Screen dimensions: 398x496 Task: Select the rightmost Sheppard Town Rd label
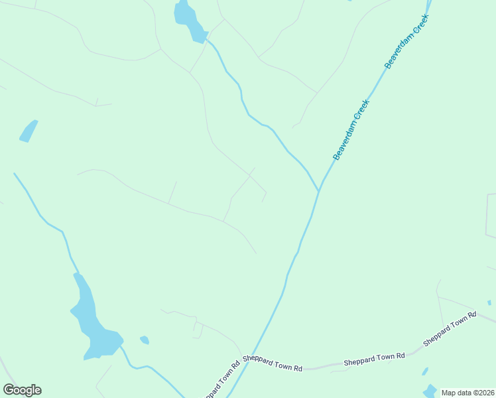coord(450,329)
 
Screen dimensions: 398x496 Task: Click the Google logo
coord(22,390)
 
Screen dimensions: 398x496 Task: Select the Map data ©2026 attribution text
coord(467,393)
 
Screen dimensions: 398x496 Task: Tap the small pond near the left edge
coord(29,131)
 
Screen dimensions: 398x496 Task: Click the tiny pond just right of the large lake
coord(145,340)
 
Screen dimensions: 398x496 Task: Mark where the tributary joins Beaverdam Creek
coord(319,190)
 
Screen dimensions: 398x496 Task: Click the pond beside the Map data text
coord(431,391)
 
